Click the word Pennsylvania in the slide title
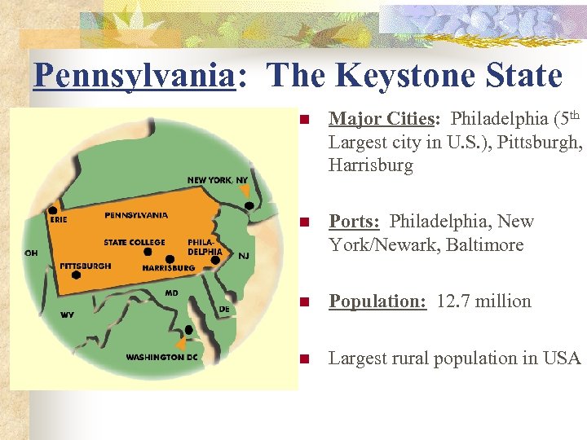[x=133, y=76]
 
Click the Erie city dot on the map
[x=53, y=209]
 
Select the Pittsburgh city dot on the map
[x=76, y=275]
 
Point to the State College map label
[x=135, y=242]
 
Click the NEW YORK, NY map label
[x=218, y=180]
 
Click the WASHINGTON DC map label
[x=161, y=357]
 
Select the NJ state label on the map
[x=244, y=256]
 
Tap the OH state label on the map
[x=31, y=253]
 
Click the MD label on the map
[x=172, y=292]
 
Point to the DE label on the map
[x=224, y=309]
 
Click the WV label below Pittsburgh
[x=67, y=314]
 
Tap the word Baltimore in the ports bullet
[x=484, y=245]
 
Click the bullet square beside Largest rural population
[x=304, y=359]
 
